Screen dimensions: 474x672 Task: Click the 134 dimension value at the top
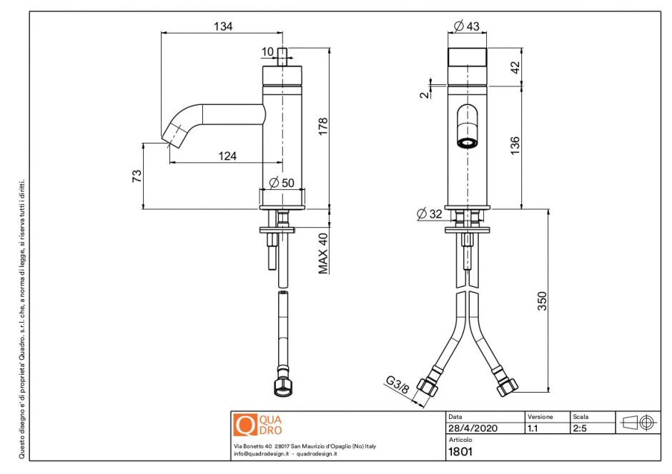point(223,26)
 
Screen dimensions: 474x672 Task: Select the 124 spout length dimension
point(227,156)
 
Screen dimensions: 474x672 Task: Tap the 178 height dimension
point(324,129)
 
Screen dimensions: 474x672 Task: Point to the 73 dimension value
point(137,176)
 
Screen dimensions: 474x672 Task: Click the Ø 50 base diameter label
point(282,183)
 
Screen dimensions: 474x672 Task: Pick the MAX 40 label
point(324,253)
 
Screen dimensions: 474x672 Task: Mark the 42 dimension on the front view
point(515,67)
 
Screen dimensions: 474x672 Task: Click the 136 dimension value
point(515,144)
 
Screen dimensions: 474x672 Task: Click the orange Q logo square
point(244,425)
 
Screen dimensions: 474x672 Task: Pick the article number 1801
point(460,451)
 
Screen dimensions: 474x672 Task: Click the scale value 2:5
point(580,428)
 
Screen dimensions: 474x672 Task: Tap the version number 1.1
point(533,428)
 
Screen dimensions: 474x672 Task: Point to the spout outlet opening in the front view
point(467,142)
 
